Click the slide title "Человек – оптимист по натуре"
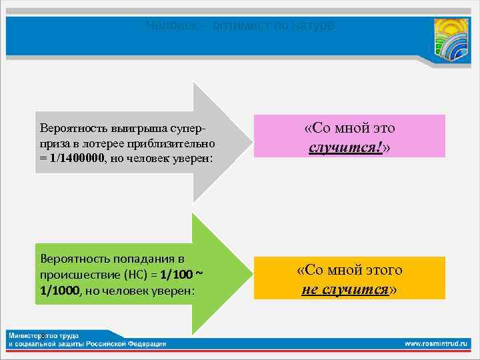click(240, 26)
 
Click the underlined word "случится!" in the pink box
click(346, 145)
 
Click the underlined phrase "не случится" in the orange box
click(345, 289)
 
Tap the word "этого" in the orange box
click(382, 270)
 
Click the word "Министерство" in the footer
click(33, 335)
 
